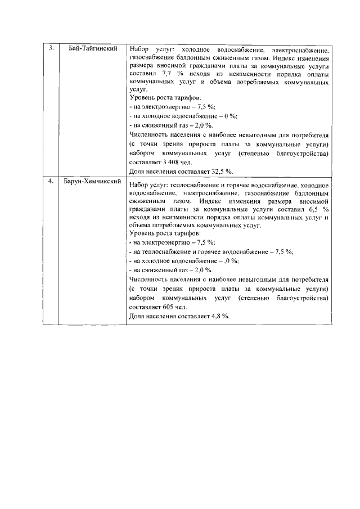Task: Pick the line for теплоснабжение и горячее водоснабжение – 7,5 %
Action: pyautogui.click(x=211, y=251)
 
